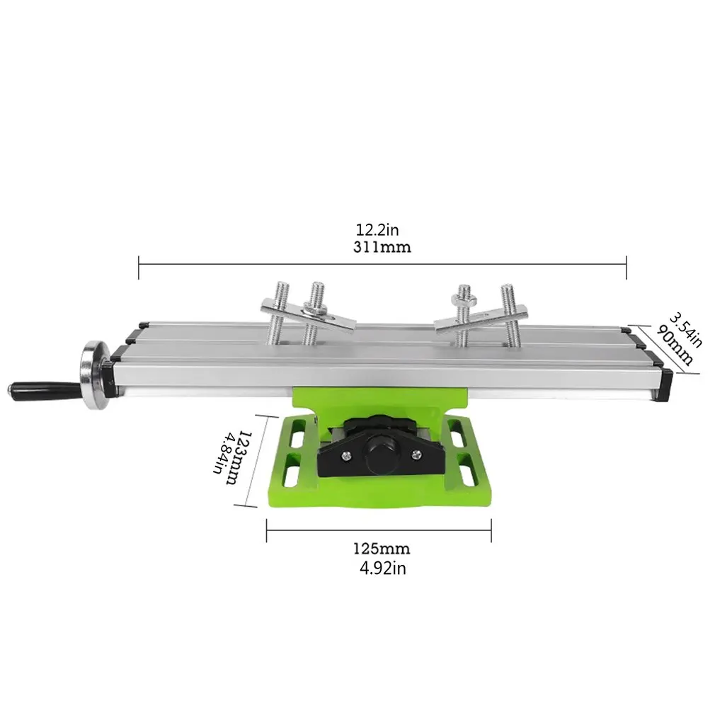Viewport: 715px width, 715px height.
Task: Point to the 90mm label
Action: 675,344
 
